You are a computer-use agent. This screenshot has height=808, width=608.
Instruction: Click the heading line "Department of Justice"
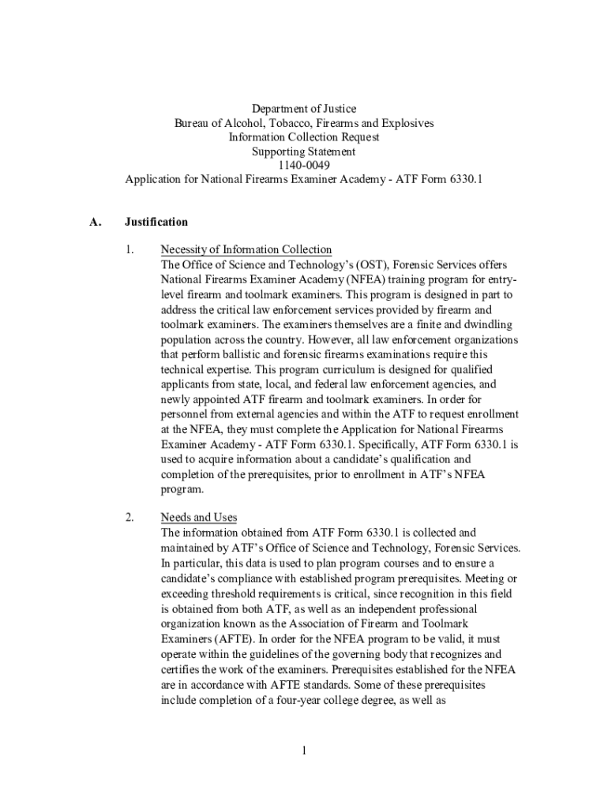pyautogui.click(x=304, y=108)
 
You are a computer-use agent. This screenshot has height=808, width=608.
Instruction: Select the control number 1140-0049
pyautogui.click(x=304, y=165)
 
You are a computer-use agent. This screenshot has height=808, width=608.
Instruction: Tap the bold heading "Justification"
pyautogui.click(x=156, y=222)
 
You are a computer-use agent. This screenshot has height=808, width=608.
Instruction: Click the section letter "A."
pyautogui.click(x=96, y=222)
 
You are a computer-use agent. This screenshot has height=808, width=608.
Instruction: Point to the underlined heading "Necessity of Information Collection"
pyautogui.click(x=246, y=250)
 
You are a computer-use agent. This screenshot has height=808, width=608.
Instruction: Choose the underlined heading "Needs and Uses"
pyautogui.click(x=199, y=518)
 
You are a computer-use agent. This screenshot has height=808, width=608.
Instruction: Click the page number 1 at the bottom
pyautogui.click(x=303, y=750)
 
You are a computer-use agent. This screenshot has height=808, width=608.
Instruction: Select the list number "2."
pyautogui.click(x=129, y=518)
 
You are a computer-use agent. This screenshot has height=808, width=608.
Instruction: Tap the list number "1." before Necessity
pyautogui.click(x=129, y=250)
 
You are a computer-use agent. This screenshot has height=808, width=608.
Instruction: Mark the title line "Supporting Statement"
pyautogui.click(x=304, y=151)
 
